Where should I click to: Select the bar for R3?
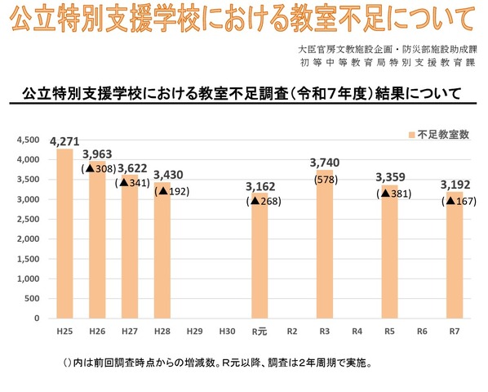coord(325,244)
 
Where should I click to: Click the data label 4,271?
coord(64,142)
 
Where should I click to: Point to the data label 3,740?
coord(325,163)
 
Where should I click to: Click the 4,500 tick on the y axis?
coord(27,140)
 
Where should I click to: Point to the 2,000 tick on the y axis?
coord(27,239)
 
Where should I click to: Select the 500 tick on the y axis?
coord(31,299)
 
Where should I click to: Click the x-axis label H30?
coord(227,332)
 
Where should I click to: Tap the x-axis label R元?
coord(260,332)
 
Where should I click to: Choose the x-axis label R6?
coord(422,332)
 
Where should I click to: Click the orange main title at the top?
coord(243,18)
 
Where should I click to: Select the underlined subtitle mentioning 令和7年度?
coord(242,93)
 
